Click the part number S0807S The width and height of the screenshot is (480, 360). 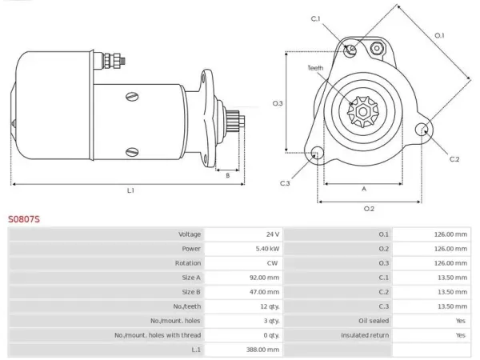(24, 219)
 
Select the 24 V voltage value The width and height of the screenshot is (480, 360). (273, 234)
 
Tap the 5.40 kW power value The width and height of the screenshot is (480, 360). (267, 249)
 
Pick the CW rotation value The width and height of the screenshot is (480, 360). (272, 263)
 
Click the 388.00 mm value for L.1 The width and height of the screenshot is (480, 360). (262, 350)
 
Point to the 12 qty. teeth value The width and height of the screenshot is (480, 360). (270, 306)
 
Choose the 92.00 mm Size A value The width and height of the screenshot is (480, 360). (265, 278)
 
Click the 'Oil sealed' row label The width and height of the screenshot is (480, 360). (374, 321)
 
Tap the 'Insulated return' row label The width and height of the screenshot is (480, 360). (365, 335)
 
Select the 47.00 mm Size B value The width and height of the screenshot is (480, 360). (265, 292)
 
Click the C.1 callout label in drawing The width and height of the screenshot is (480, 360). (316, 18)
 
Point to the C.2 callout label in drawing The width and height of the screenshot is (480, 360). (454, 159)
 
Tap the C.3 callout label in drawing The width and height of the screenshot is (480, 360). (285, 183)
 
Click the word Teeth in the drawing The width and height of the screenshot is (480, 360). (315, 68)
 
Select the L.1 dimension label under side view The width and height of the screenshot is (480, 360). (130, 190)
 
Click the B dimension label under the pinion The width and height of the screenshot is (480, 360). (227, 175)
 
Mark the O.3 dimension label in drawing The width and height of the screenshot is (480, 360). (278, 103)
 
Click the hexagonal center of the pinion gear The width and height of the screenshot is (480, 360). (363, 112)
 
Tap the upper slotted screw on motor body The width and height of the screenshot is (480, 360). (132, 97)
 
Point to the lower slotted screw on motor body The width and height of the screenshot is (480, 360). (132, 151)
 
